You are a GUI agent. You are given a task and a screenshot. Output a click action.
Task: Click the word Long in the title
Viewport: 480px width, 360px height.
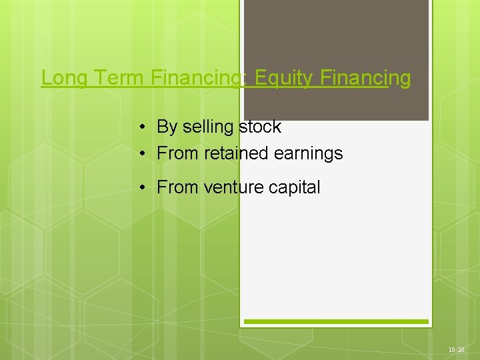[64, 79]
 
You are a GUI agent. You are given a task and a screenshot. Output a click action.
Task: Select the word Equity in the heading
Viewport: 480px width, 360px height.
[283, 79]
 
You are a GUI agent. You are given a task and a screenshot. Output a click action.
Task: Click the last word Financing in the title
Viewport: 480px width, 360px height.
[365, 79]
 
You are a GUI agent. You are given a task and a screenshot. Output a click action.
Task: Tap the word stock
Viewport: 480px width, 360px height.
[260, 127]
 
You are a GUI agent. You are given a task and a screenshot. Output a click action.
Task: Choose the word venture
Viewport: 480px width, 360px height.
[234, 188]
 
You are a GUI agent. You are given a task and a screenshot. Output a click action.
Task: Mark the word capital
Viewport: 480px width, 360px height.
[294, 188]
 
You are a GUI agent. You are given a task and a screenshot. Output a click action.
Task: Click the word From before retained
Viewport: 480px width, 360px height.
[178, 153]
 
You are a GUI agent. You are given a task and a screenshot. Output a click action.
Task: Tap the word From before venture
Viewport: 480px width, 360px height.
[178, 188]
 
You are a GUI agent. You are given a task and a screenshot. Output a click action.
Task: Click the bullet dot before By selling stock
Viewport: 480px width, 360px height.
[143, 127]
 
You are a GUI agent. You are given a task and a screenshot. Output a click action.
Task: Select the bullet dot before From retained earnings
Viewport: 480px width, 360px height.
[143, 153]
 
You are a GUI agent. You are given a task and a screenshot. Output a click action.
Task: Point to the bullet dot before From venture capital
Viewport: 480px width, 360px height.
[143, 188]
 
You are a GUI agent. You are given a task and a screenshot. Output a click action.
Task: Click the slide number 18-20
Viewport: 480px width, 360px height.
[457, 349]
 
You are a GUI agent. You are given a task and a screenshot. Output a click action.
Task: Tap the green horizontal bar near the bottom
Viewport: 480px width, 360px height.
[336, 321]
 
